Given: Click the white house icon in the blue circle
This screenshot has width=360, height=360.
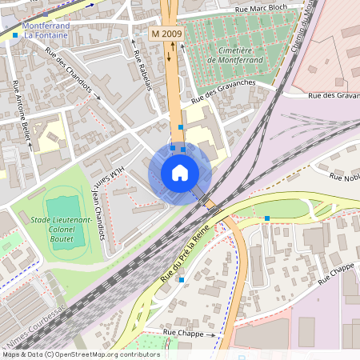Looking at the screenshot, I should (180, 173).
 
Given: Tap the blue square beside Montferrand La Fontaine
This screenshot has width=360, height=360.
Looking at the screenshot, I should (15, 35).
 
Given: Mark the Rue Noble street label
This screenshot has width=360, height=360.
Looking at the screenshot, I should (340, 179).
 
